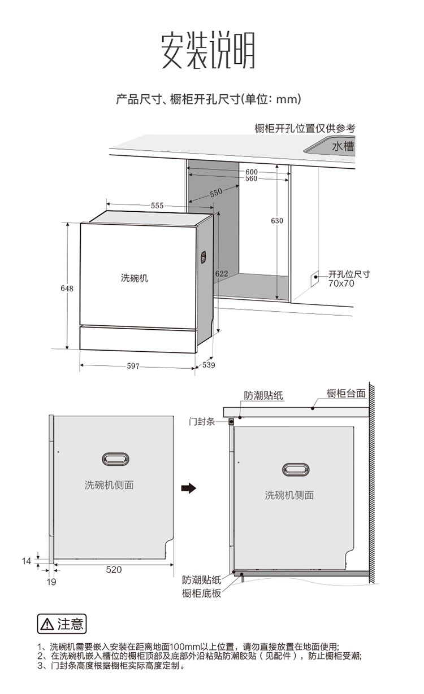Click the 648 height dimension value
pyautogui.click(x=67, y=289)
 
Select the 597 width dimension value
pyautogui.click(x=133, y=366)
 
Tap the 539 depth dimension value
pyautogui.click(x=209, y=365)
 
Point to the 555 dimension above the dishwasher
pyautogui.click(x=157, y=206)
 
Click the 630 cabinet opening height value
pyautogui.click(x=277, y=221)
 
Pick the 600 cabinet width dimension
pyautogui.click(x=252, y=172)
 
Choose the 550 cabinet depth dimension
pyautogui.click(x=216, y=193)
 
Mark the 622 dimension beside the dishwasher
pyautogui.click(x=222, y=273)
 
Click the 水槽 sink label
pyautogui.click(x=343, y=146)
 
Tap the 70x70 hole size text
pyautogui.click(x=341, y=283)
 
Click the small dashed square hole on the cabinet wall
pyautogui.click(x=314, y=279)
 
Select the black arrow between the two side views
pyautogui.click(x=189, y=488)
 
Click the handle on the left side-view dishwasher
pyautogui.click(x=115, y=459)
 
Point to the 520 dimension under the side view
pyautogui.click(x=114, y=570)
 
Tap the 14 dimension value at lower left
pyautogui.click(x=27, y=561)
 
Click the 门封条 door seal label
pyautogui.click(x=202, y=422)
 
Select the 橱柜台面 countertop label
pyautogui.click(x=346, y=394)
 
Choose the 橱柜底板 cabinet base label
pyautogui.click(x=202, y=593)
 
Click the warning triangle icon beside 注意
pyautogui.click(x=47, y=624)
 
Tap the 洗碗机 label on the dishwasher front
pyautogui.click(x=135, y=278)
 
